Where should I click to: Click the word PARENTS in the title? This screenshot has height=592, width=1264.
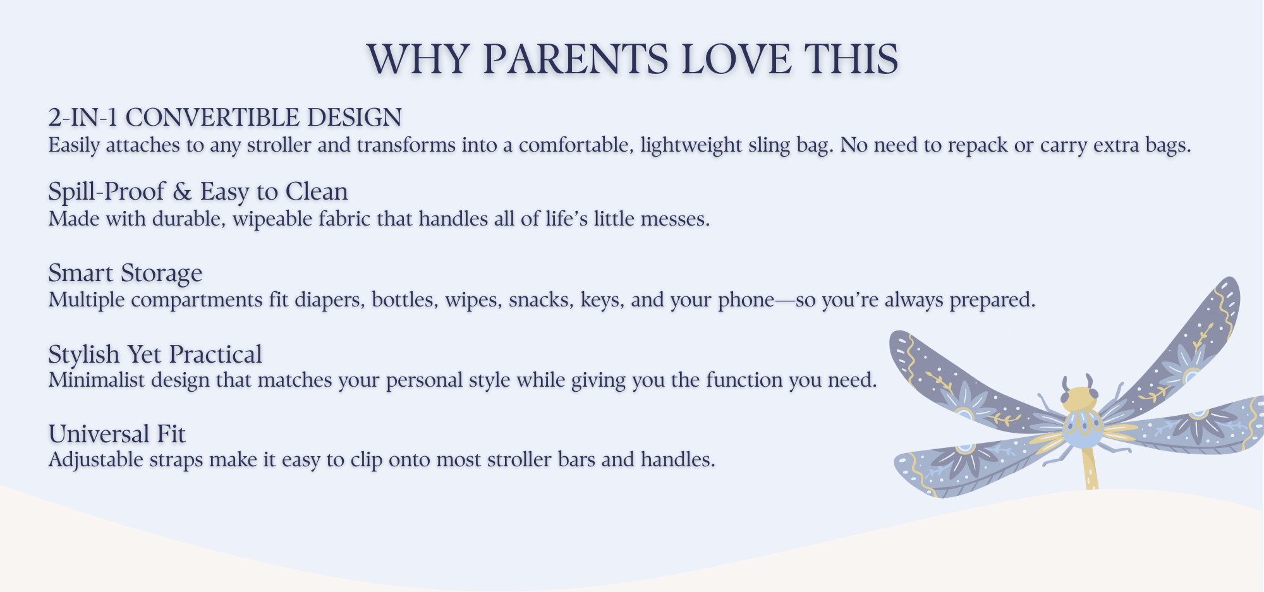[x=575, y=59]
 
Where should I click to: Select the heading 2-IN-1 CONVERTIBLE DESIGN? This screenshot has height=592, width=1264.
[x=225, y=118]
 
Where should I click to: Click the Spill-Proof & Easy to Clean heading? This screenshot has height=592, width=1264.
[x=198, y=191]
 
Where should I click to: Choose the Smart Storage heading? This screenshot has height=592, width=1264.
[x=125, y=273]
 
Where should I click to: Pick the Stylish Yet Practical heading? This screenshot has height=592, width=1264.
[x=155, y=354]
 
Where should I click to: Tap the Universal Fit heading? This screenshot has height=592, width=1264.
[x=117, y=434]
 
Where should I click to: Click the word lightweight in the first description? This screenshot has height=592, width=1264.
[x=691, y=145]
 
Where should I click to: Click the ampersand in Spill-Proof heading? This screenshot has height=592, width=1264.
[x=182, y=191]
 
